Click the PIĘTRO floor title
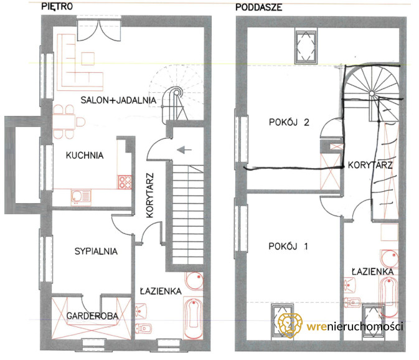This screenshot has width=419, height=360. (57, 6)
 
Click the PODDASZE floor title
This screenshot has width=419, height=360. (258, 7)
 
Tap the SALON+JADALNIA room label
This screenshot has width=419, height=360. (118, 100)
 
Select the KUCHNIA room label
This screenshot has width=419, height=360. (85, 155)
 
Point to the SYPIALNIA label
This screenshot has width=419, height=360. (96, 251)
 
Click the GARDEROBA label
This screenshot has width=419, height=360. (92, 316)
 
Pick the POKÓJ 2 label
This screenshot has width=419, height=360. (289, 122)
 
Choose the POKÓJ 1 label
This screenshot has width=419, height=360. (288, 246)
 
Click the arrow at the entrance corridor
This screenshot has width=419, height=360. (184, 149)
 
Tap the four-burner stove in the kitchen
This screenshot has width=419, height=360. (125, 182)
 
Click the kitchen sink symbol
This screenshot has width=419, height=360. (81, 197)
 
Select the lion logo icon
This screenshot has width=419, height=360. (290, 325)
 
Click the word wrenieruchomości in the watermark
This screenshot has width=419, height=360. (355, 326)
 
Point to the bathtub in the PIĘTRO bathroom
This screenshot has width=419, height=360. (193, 318)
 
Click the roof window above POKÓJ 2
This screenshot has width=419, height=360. (306, 47)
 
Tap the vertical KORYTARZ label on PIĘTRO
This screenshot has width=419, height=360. (151, 196)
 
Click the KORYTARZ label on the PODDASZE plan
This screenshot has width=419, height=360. (370, 165)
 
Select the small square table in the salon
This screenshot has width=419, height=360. (88, 59)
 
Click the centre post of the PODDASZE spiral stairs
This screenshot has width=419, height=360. (372, 93)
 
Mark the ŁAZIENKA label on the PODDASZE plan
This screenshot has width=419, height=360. (372, 272)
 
